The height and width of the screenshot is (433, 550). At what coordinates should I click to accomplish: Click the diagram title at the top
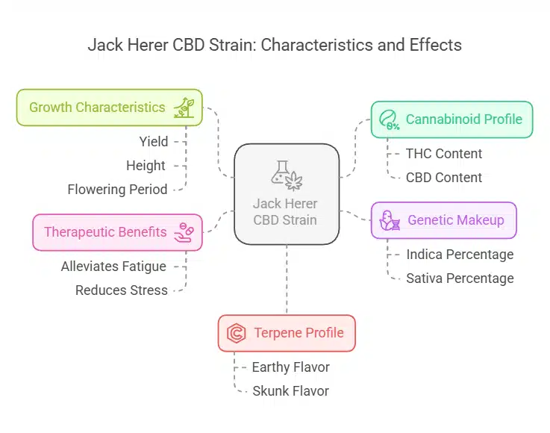tap(275, 45)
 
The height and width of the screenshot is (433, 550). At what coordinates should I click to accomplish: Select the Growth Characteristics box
tap(109, 108)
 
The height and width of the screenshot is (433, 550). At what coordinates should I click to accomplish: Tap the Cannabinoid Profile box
tap(451, 119)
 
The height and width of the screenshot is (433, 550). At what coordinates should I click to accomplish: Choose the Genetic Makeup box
tap(443, 220)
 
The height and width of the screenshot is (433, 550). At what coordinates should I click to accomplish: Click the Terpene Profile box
tap(287, 333)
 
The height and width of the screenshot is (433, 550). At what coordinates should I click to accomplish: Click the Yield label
tap(154, 142)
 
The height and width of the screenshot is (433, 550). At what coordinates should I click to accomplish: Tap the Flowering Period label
tap(117, 190)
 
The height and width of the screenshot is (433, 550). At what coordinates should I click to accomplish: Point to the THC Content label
tap(444, 154)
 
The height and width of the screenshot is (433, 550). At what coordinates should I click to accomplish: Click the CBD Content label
tap(444, 178)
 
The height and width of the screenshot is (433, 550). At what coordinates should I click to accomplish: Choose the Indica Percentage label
tap(460, 255)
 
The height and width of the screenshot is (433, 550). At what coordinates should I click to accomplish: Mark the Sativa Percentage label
tap(460, 278)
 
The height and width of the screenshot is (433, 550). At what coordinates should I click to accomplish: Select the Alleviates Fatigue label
tap(113, 267)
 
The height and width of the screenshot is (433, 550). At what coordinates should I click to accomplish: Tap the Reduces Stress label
tap(122, 290)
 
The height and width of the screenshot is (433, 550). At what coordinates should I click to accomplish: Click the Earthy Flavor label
tap(290, 367)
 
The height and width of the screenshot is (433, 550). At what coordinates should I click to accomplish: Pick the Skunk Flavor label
tap(290, 391)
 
